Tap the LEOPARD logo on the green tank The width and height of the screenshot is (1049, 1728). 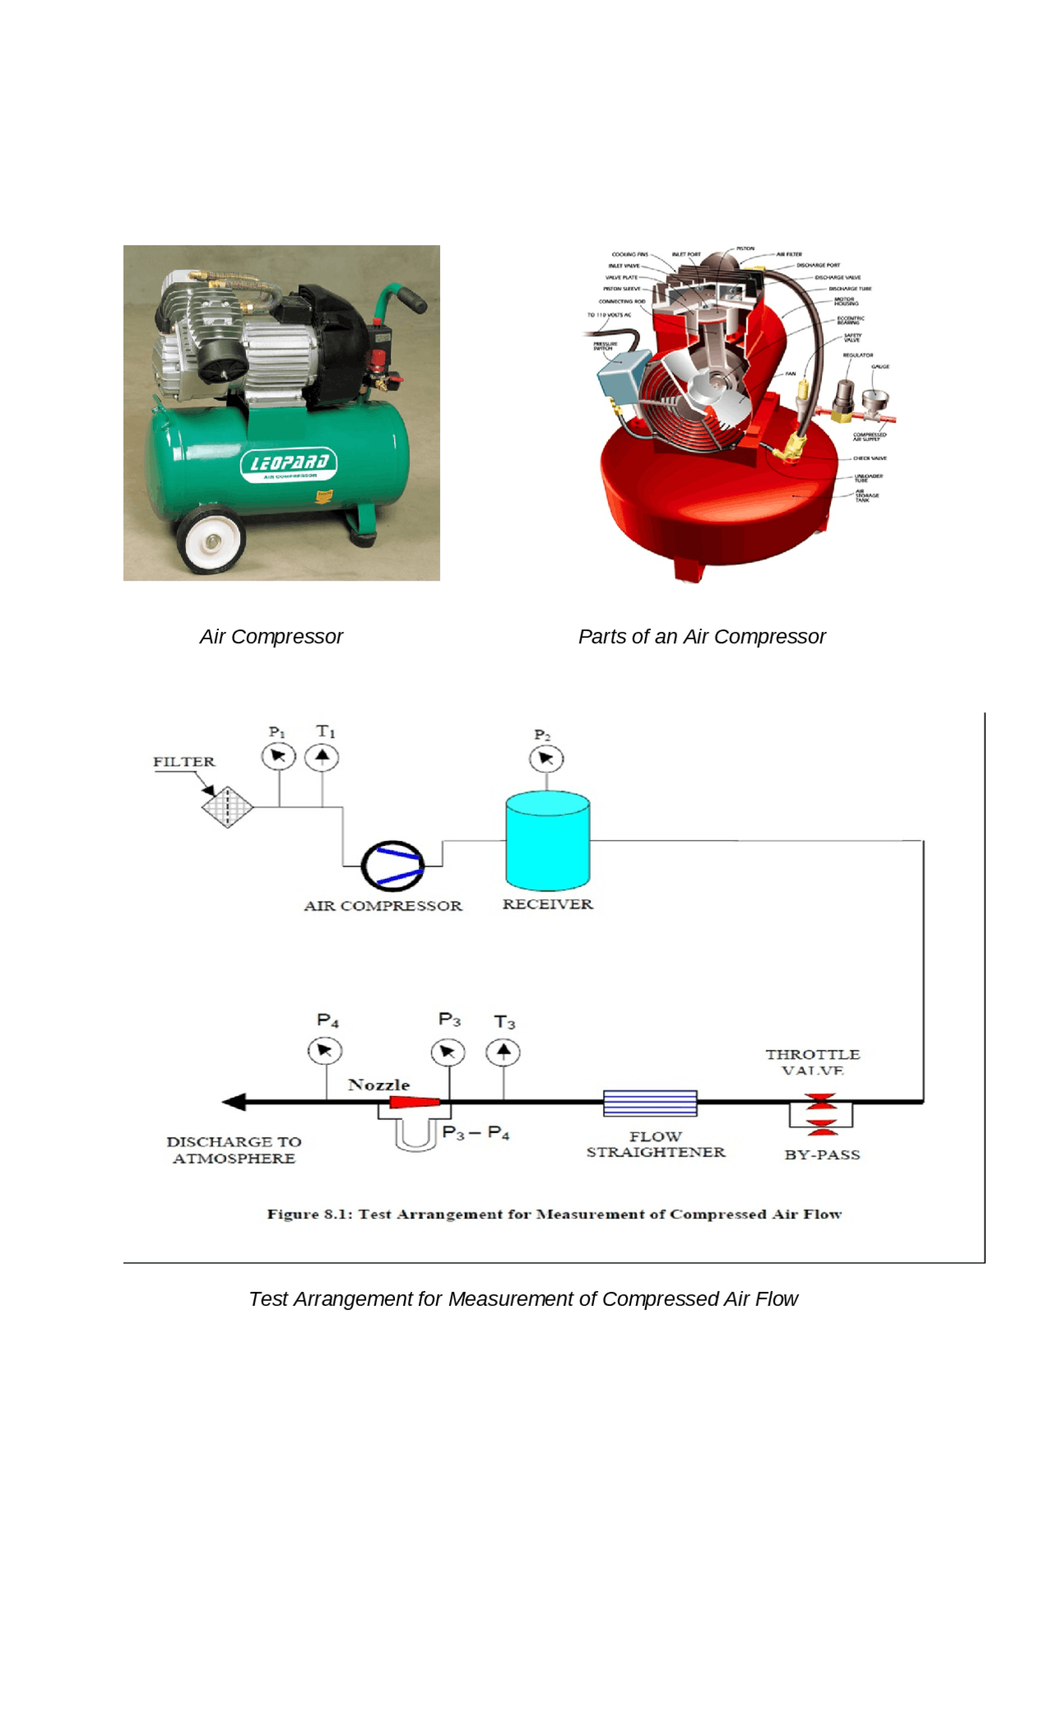pos(288,464)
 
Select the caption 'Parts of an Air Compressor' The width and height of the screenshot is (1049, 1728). pos(702,637)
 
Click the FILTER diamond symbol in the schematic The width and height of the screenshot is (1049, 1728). pos(227,807)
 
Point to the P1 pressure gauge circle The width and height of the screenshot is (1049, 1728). pos(279,756)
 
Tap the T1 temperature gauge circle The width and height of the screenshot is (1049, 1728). pos(322,757)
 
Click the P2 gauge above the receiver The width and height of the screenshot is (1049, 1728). pos(546,759)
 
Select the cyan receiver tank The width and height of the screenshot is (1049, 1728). pos(547,843)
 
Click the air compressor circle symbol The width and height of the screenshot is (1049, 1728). pos(393,866)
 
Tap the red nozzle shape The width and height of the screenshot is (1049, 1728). pos(414,1103)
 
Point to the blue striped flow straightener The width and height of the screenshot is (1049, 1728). pos(650,1103)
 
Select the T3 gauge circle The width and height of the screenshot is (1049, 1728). pos(503,1052)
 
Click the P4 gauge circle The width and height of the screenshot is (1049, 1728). pos(325,1051)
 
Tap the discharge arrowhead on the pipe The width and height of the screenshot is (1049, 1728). pos(234,1103)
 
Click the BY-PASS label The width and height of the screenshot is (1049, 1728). pos(822,1155)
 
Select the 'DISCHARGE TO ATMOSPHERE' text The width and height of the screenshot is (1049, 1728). pos(234,1150)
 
